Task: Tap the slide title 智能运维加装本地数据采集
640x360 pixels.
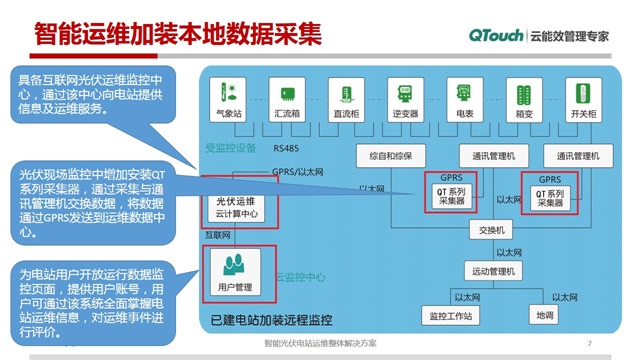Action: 178,35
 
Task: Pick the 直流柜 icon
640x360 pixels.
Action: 345,93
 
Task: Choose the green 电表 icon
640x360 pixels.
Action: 464,93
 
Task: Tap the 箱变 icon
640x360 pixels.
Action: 523,93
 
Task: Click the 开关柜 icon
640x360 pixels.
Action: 583,93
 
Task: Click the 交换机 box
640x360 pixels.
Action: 493,230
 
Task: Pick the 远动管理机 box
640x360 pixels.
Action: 493,271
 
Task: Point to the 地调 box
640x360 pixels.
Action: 545,316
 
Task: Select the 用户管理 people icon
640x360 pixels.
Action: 237,265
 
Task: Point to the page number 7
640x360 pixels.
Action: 590,343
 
